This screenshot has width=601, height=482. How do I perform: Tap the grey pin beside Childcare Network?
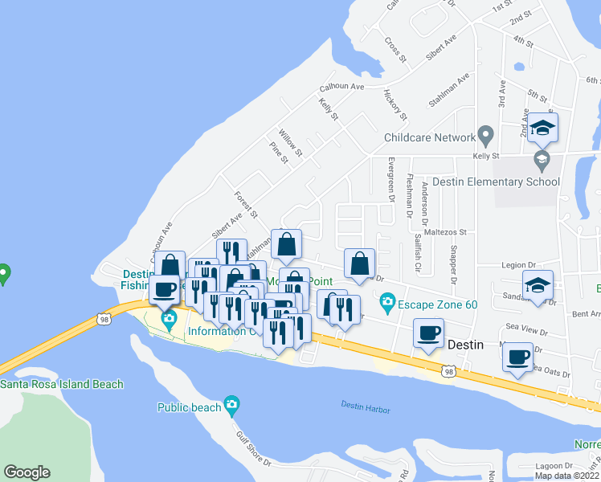(484, 133)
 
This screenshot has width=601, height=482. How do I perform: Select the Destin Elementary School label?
(496, 182)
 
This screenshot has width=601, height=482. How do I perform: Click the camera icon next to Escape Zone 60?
(388, 303)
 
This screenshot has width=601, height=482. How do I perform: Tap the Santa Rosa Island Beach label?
(62, 384)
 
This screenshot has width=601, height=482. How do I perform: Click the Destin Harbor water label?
(365, 408)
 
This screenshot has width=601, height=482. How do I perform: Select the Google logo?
(27, 472)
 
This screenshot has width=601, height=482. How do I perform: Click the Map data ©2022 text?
(567, 476)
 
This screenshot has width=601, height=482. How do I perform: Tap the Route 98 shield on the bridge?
(104, 319)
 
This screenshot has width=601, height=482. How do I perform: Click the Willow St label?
(290, 141)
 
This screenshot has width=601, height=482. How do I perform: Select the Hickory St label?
(393, 101)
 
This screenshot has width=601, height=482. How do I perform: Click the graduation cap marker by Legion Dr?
(538, 285)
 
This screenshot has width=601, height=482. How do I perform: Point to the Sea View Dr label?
(526, 331)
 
